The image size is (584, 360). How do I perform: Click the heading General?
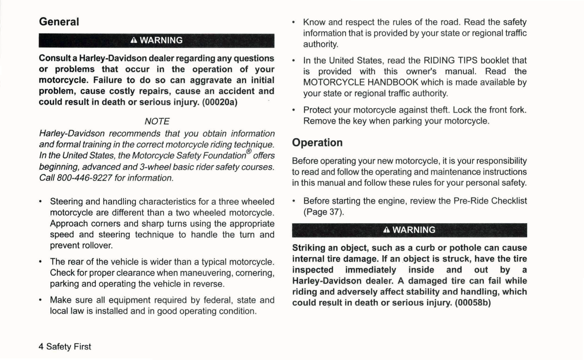coord(59,22)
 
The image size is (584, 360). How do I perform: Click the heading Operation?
coord(317,143)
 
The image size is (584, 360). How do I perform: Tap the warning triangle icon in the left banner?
coord(134,40)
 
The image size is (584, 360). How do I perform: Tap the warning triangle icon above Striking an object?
coord(387,230)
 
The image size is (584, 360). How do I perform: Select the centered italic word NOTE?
coord(157,121)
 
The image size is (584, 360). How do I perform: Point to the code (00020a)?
coord(220,102)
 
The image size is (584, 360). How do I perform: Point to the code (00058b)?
coord(473,303)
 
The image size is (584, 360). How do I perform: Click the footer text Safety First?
coord(69,347)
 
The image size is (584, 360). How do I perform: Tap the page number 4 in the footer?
coord(41,347)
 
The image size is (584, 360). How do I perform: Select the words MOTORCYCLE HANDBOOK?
coord(361,83)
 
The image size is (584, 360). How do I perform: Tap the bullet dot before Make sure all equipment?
coord(40,300)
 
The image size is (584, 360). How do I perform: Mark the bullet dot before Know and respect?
coord(294,22)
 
